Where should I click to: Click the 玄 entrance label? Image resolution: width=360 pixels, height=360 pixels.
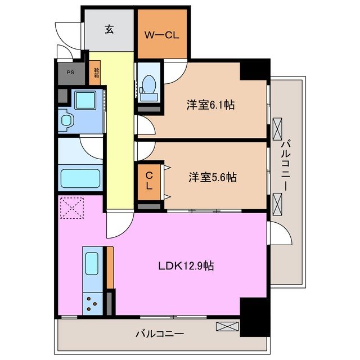[x=109, y=30]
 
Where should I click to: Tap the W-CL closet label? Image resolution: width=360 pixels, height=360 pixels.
[x=162, y=35]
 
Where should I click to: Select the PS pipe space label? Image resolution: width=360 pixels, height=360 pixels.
[x=70, y=73]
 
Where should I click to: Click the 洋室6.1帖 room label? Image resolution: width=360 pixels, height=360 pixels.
[x=210, y=105]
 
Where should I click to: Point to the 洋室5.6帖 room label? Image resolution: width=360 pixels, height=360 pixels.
[x=212, y=177]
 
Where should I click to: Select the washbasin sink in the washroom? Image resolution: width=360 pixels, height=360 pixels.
[x=66, y=120]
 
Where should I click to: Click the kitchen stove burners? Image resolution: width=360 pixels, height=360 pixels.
[x=91, y=304]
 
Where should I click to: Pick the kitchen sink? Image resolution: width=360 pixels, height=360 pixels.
[x=91, y=263]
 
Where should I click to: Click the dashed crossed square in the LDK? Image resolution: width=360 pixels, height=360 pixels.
[x=71, y=208]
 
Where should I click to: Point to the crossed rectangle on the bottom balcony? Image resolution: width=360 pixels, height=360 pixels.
[x=227, y=326]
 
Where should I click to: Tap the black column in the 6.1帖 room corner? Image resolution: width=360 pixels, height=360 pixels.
[x=254, y=70]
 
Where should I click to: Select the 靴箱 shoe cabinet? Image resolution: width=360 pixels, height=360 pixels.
[x=96, y=74]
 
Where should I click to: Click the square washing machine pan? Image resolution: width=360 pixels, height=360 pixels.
[x=87, y=102]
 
